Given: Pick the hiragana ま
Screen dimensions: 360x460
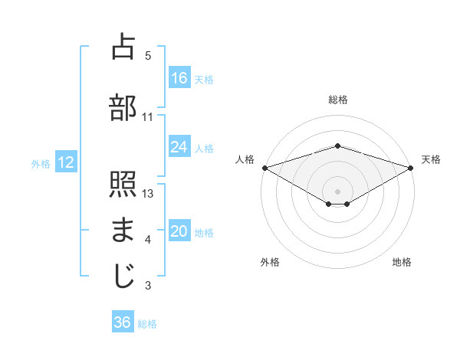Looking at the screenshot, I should (123, 230).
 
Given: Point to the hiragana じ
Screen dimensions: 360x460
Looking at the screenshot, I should (123, 276).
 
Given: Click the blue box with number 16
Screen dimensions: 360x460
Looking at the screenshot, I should (179, 78).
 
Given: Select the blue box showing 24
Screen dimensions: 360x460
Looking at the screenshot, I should (179, 147).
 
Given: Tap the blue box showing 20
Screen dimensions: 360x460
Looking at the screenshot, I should (179, 232).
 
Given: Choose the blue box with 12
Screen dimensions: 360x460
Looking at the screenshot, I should (65, 162).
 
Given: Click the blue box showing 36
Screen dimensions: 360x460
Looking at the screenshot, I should (123, 322).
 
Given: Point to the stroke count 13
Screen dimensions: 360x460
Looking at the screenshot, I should (149, 193).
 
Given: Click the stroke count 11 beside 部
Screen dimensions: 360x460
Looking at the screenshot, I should (148, 116).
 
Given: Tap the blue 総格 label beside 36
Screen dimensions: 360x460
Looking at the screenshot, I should (147, 324).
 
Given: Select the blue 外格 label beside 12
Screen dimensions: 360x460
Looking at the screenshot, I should (41, 163).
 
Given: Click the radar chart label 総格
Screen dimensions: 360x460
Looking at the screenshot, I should (337, 100).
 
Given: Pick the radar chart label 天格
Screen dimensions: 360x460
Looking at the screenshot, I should (431, 159).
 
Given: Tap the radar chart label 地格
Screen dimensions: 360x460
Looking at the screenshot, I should (402, 262).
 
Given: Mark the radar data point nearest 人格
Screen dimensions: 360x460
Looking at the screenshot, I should (264, 167).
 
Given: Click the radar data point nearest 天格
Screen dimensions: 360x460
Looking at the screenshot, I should (410, 167).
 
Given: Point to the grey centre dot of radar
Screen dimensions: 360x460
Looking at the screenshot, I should (337, 191).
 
